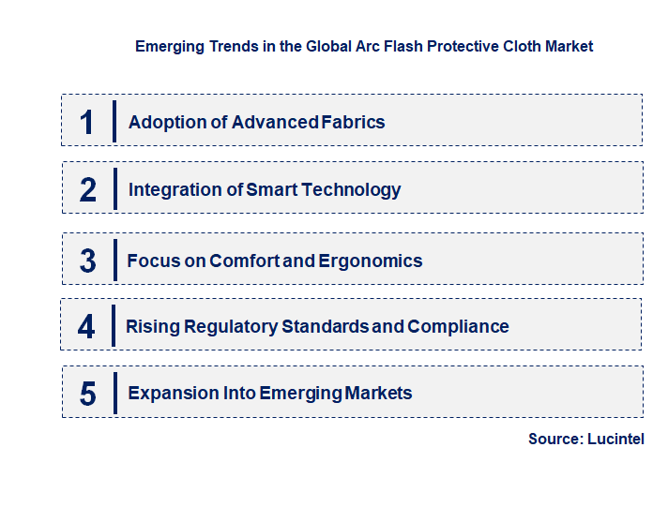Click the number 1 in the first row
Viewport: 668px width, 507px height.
click(87, 122)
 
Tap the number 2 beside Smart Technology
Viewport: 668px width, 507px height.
click(88, 189)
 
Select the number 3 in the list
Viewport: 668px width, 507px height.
click(87, 261)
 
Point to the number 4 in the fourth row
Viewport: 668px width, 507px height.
click(86, 327)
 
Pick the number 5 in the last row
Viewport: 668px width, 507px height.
click(87, 394)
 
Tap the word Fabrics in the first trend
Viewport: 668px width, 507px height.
click(352, 122)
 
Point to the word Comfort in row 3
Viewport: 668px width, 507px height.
click(244, 261)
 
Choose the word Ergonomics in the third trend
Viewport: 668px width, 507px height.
click(371, 261)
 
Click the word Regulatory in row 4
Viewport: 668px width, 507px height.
click(231, 326)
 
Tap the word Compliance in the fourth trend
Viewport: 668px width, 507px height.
click(459, 326)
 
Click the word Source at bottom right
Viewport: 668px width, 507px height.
click(554, 439)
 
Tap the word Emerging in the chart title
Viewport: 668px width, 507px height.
click(170, 46)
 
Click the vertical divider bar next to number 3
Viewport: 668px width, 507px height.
click(114, 260)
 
